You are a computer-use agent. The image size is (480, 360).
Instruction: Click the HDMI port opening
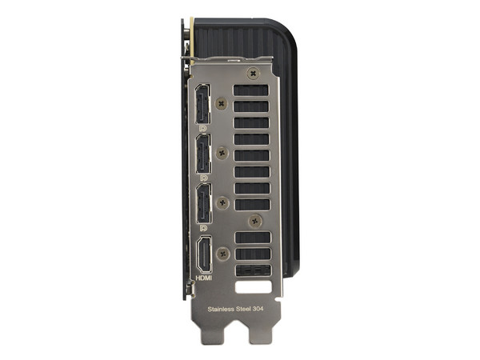(x=204, y=254)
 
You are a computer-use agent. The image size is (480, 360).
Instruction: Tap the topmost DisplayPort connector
(x=202, y=104)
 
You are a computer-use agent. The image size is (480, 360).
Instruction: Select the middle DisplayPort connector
(x=203, y=154)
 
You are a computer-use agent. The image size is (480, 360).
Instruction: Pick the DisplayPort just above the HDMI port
(x=204, y=203)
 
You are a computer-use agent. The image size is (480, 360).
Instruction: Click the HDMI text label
(x=204, y=278)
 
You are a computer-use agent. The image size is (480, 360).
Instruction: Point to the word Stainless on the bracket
(x=221, y=309)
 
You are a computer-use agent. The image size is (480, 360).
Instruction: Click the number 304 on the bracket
(x=258, y=309)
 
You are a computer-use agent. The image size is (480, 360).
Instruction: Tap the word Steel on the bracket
(x=242, y=309)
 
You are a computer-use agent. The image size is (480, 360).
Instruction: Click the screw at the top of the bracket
(x=253, y=74)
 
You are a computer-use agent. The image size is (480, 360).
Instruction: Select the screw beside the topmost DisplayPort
(x=222, y=103)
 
